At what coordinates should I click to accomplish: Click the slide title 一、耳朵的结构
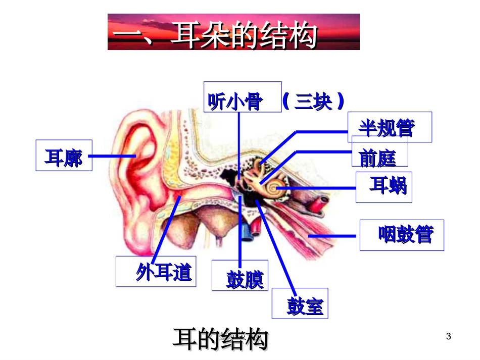point(233,33)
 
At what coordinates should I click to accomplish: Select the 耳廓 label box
point(64,156)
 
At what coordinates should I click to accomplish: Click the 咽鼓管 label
point(402,235)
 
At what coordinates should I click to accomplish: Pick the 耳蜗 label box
point(383,187)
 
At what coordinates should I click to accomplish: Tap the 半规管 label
point(390,127)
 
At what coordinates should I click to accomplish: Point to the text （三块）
point(313,101)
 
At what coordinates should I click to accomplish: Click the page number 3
point(448,336)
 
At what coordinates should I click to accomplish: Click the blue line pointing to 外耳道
point(167,227)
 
